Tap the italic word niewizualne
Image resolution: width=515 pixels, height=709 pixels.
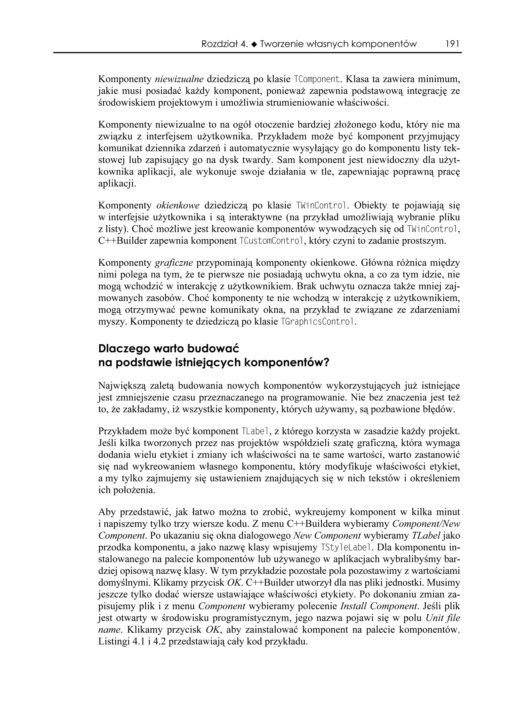coord(179,79)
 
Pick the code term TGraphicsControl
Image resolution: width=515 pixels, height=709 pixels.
coord(318,322)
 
